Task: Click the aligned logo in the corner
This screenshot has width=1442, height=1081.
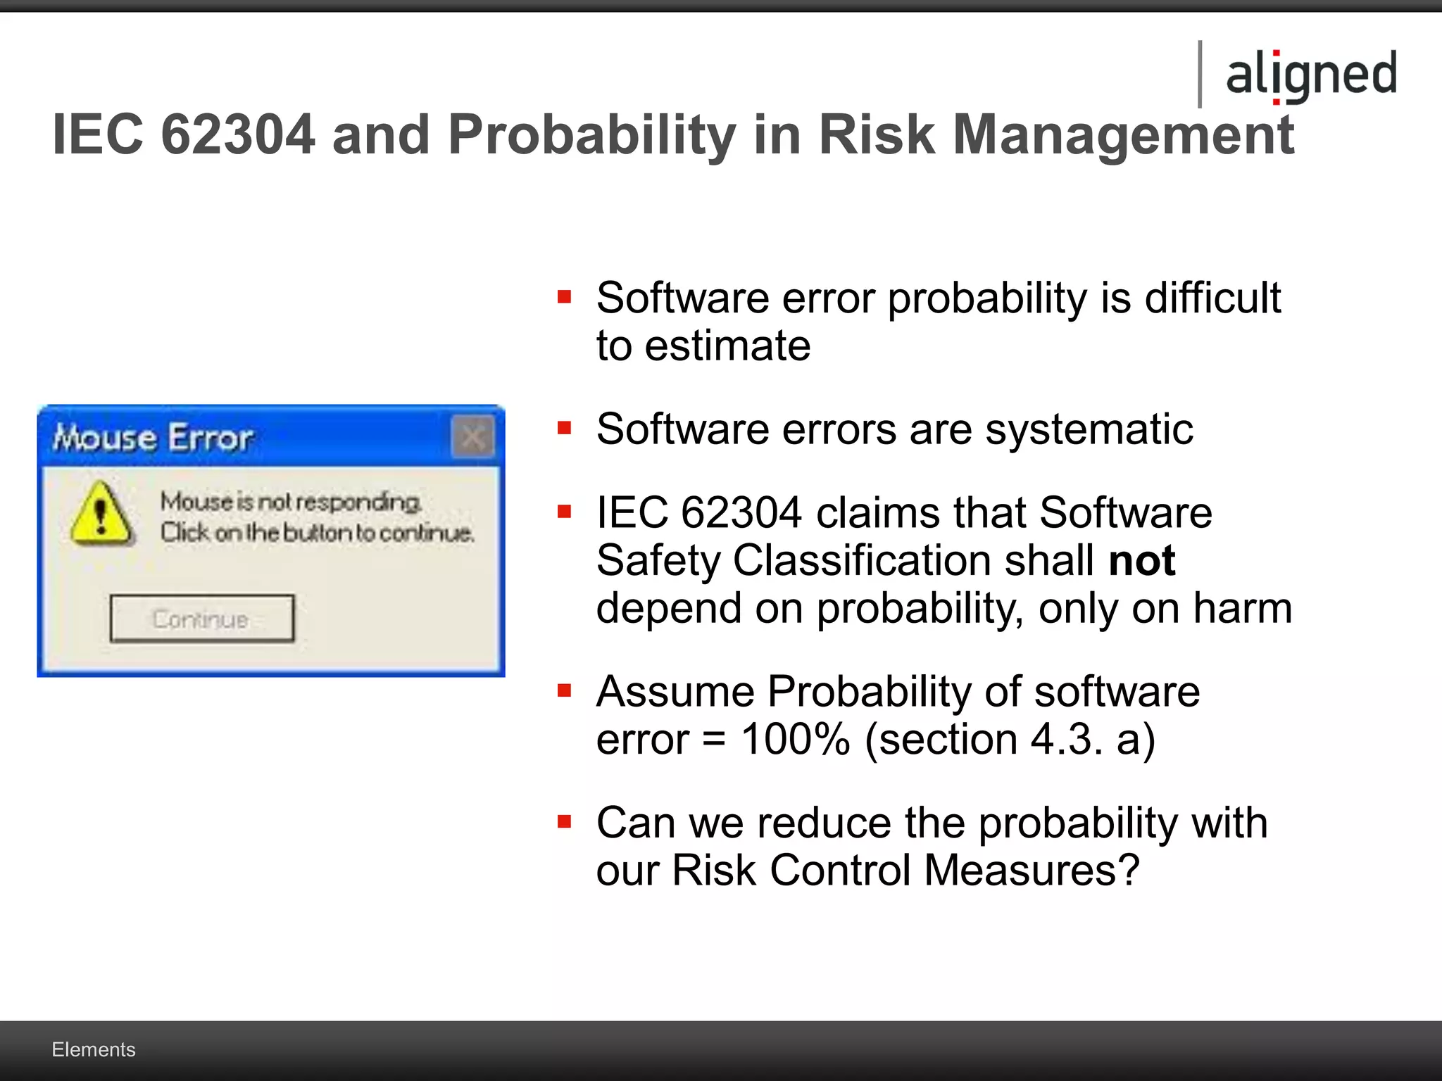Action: coord(1311,75)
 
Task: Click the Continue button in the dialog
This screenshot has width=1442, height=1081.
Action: coord(202,619)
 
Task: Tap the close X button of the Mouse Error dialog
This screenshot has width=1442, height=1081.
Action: coord(472,437)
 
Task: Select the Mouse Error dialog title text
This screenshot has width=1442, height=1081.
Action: coord(153,438)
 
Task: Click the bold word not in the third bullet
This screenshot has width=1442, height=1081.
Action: coord(1141,561)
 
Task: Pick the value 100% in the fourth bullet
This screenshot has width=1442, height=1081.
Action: coord(796,740)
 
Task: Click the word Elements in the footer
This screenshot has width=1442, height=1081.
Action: coord(94,1049)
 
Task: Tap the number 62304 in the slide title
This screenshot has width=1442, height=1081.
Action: coord(237,134)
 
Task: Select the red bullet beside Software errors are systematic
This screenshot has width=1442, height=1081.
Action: coord(564,428)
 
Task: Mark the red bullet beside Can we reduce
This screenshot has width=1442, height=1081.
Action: coord(564,821)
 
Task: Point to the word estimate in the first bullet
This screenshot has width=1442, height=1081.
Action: coord(727,346)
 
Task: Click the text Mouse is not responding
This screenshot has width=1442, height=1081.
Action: coord(291,502)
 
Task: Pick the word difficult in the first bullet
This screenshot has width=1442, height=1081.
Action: coord(1212,298)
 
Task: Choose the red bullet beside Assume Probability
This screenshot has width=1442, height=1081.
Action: coord(564,690)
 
